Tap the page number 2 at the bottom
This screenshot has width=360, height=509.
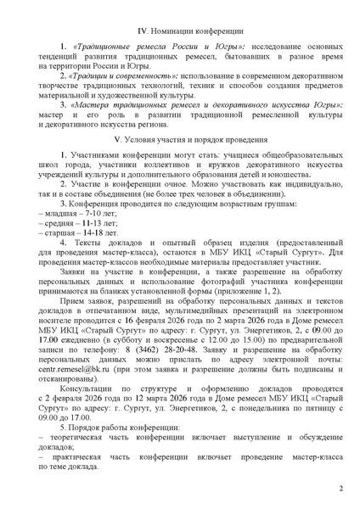pos(340,489)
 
